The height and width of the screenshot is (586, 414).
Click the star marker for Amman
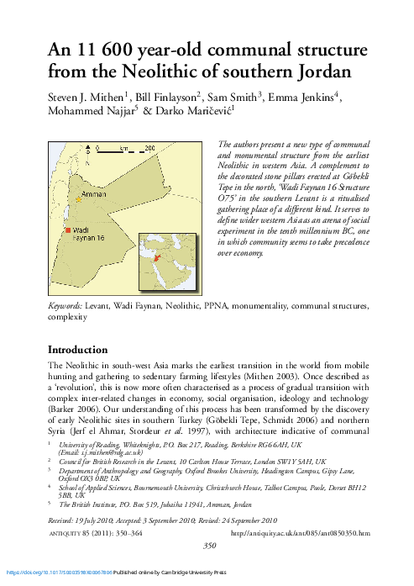tap(78, 200)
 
